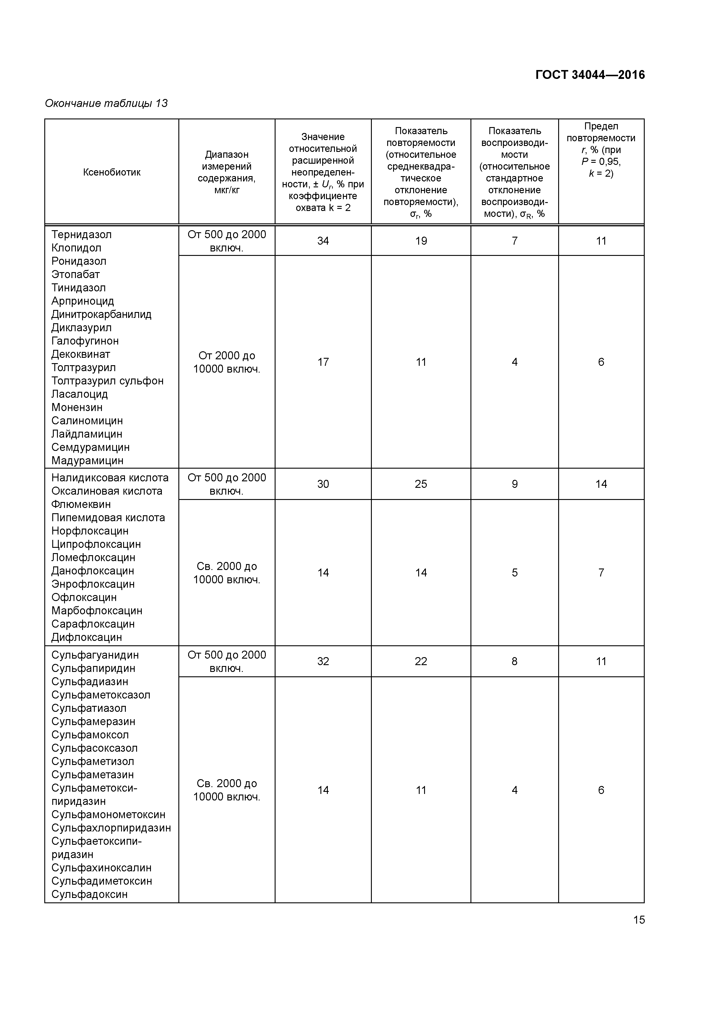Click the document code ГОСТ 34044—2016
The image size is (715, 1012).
click(589, 75)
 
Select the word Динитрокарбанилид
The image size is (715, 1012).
click(101, 315)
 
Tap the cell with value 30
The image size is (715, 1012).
click(323, 484)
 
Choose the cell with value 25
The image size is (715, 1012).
click(421, 484)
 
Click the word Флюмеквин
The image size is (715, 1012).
click(81, 505)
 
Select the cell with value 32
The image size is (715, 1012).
click(323, 662)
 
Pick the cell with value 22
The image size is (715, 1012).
click(421, 662)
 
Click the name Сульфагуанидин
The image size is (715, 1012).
click(95, 655)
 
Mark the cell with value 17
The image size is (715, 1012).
click(323, 362)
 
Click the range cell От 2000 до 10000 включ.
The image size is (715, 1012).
click(227, 362)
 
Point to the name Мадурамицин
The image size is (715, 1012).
click(87, 461)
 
